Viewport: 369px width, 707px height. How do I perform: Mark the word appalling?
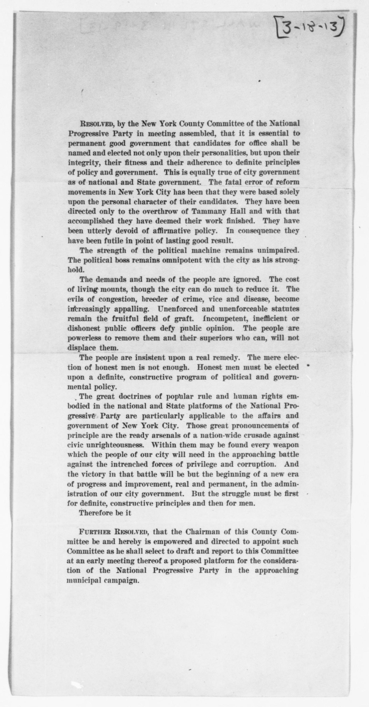[131, 309]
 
